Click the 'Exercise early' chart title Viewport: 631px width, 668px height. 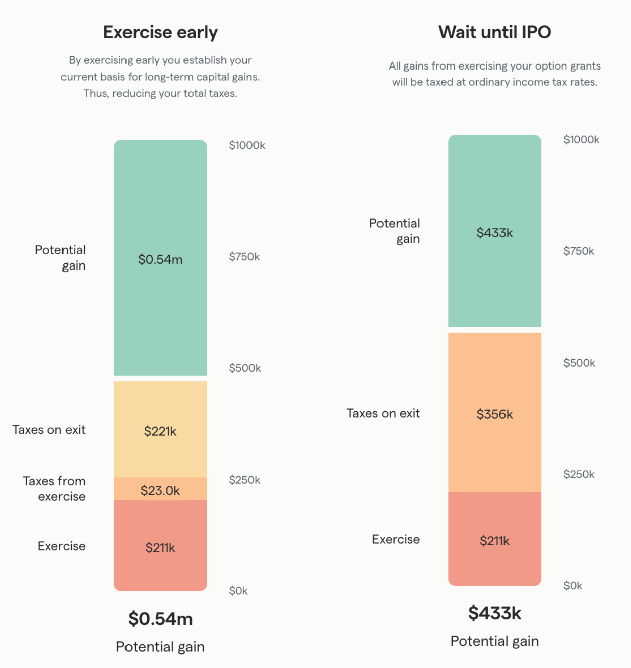pos(160,32)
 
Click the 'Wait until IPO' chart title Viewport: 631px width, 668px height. pos(494,32)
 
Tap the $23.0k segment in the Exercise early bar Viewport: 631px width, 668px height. pos(160,489)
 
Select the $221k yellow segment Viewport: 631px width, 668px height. pos(160,430)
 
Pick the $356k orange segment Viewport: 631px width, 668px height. pos(494,413)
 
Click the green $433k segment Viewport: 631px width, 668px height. pos(494,231)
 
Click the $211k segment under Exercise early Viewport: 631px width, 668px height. pos(160,546)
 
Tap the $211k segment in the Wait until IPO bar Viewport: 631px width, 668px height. pos(494,540)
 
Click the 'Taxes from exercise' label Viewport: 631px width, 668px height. pos(54,489)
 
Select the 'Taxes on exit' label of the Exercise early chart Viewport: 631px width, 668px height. pos(49,430)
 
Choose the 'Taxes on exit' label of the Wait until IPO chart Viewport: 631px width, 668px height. pos(383,413)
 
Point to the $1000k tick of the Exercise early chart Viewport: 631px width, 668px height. pos(247,145)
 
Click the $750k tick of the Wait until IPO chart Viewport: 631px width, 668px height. pos(579,251)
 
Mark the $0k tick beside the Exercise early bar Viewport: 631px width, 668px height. pos(238,591)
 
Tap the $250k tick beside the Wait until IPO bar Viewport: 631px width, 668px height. pos(579,474)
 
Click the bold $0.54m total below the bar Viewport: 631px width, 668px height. pos(160,619)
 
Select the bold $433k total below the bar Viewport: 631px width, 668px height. pos(494,613)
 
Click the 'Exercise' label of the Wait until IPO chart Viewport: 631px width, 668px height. pos(396,539)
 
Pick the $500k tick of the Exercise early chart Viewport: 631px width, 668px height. pos(245,368)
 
